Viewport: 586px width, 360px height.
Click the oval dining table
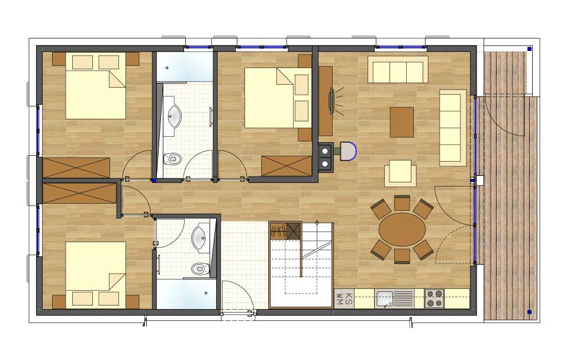point(402,229)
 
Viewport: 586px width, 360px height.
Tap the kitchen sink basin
point(384,298)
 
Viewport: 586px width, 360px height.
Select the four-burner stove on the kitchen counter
point(434,298)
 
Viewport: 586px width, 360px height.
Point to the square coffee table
point(402,122)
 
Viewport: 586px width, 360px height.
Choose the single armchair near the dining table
point(400,173)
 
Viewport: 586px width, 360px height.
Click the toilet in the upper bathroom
point(172,159)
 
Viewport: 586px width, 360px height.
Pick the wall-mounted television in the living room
point(331,100)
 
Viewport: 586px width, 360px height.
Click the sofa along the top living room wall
point(398,69)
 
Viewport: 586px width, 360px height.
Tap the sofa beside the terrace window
point(453,127)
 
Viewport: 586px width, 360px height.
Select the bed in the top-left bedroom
point(96,86)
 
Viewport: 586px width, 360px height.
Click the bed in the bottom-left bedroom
point(96,275)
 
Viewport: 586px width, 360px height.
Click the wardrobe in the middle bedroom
point(286,166)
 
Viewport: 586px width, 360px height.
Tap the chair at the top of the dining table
point(402,203)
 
